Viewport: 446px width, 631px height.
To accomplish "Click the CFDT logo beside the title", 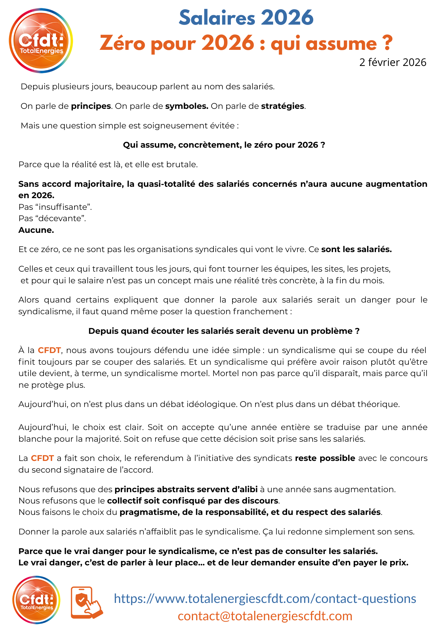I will [41, 41].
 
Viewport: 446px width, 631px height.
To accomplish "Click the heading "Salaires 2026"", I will [246, 18].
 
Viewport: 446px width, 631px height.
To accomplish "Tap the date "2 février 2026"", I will [393, 62].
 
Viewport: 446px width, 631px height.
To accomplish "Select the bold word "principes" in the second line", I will [91, 106].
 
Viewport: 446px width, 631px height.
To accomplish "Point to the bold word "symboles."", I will [187, 106].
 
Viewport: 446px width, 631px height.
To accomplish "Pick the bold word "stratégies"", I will [283, 106].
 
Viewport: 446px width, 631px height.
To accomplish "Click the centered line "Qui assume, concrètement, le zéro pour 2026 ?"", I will [224, 145].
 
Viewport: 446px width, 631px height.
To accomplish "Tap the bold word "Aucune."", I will [36, 230].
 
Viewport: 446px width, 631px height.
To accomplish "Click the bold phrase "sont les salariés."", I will [356, 250].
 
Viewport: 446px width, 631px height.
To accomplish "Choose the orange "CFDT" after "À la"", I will [49, 350].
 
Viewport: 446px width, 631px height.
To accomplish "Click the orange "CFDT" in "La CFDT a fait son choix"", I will [42, 458].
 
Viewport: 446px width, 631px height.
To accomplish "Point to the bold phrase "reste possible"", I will [325, 458].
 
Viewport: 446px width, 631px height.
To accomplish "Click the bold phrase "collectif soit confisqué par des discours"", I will [193, 501].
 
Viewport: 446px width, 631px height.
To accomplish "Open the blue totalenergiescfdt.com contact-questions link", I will [265, 599].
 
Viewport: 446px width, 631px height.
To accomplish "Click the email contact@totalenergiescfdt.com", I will [265, 616].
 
